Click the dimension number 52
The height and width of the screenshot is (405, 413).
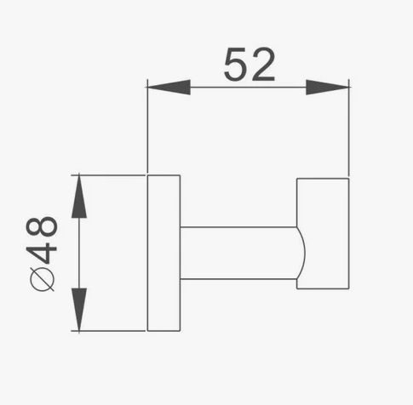250,65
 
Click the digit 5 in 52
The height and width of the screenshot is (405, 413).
235,65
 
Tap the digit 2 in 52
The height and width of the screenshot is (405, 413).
263,65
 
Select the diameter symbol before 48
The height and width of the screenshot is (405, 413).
42,279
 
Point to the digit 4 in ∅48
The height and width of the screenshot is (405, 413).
42,249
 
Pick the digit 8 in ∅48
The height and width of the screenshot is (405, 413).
42,226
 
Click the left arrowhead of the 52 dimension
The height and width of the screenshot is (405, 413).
169,87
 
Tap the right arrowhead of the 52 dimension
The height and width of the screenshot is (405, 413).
327,88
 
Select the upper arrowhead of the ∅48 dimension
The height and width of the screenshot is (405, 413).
79,197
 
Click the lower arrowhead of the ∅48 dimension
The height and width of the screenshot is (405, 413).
79,309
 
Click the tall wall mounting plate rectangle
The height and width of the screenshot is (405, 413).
163,253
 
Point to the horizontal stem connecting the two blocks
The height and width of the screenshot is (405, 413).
238,253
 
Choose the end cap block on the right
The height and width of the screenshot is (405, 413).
323,234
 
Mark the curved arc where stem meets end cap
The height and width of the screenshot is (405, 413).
304,253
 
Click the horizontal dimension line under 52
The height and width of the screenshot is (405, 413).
248,88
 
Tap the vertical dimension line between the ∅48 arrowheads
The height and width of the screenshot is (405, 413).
79,253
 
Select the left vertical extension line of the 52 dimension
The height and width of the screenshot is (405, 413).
147,126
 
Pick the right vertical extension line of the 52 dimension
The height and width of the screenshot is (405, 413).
348,128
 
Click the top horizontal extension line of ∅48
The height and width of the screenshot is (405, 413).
108,175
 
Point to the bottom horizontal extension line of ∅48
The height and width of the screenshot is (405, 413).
108,331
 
